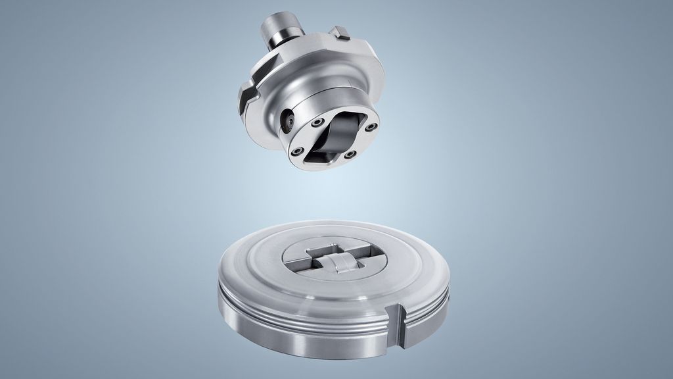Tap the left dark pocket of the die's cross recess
coord(299,264)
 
